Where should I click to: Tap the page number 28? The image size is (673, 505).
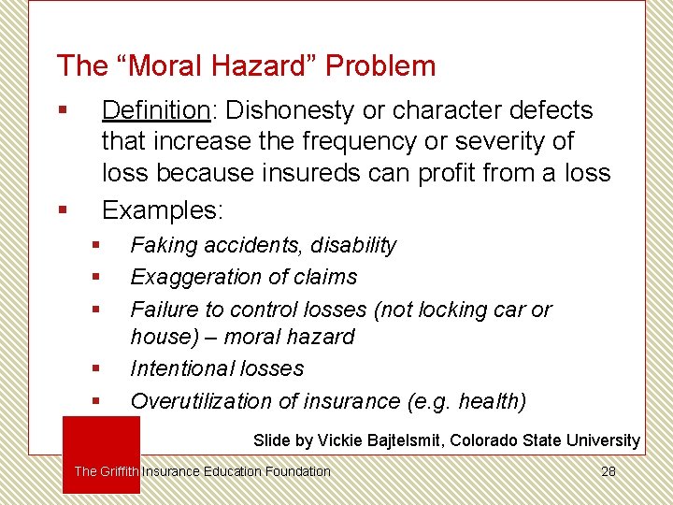(609, 471)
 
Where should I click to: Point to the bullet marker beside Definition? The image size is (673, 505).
(62, 110)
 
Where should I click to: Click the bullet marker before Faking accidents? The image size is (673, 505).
(95, 246)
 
